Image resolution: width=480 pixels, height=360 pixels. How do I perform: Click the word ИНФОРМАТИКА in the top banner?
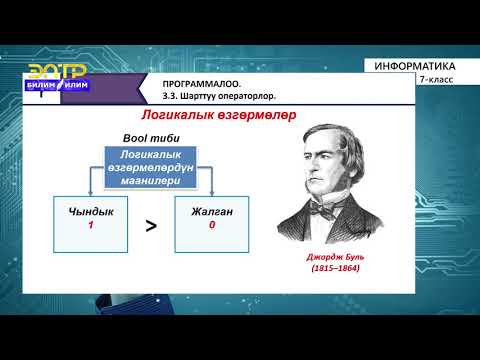pyautogui.click(x=420, y=66)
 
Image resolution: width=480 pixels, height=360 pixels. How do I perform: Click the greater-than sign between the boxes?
pyautogui.click(x=151, y=226)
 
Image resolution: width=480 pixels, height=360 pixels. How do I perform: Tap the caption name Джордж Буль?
pyautogui.click(x=337, y=256)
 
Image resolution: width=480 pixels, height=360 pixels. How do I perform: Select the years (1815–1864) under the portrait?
pyautogui.click(x=337, y=269)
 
